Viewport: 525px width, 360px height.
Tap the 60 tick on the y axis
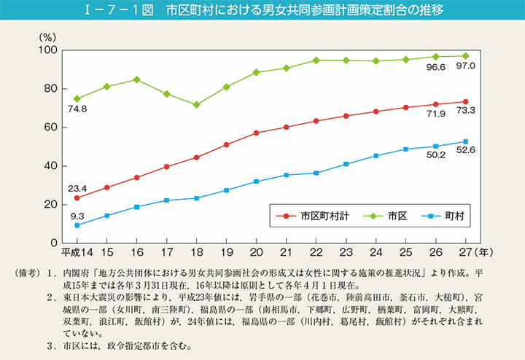coord(51,127)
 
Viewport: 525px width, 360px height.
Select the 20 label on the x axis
coord(257,253)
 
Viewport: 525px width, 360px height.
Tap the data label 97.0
coord(465,66)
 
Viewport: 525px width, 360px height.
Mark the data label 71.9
coord(435,115)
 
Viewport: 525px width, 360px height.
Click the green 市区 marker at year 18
coord(196,104)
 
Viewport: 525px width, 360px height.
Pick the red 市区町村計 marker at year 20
coord(257,133)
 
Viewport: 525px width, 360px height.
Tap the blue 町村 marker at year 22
coord(316,173)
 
